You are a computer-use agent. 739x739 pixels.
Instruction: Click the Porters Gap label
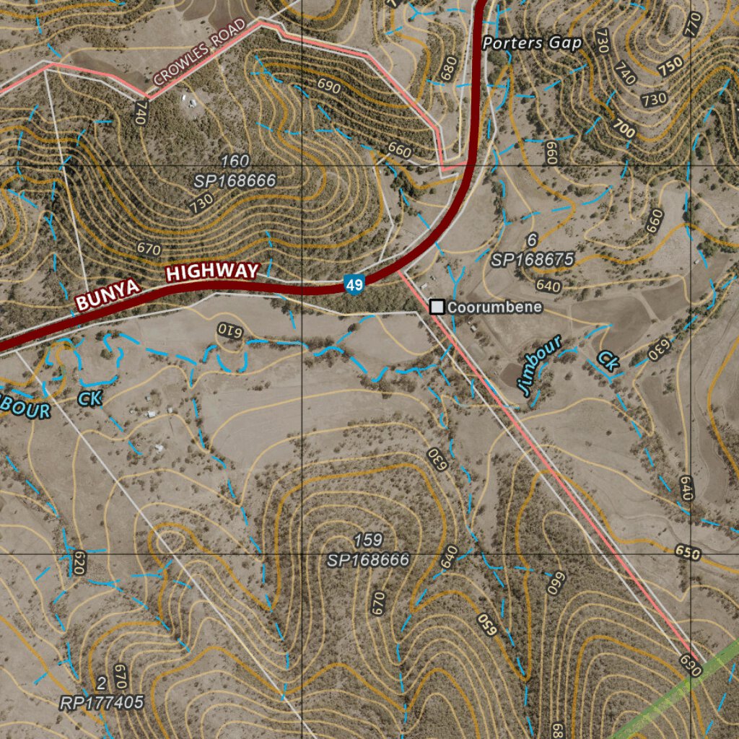532,43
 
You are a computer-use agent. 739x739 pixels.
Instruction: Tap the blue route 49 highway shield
354,284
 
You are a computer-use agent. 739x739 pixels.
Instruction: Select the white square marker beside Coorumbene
437,307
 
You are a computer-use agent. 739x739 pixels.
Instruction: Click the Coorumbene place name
494,307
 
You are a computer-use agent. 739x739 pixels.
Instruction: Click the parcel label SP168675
533,260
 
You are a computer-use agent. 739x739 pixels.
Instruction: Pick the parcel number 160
235,160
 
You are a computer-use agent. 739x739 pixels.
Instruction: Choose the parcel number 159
368,540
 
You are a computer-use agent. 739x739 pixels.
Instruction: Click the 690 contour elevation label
328,86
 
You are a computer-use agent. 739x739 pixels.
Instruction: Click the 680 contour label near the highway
448,69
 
